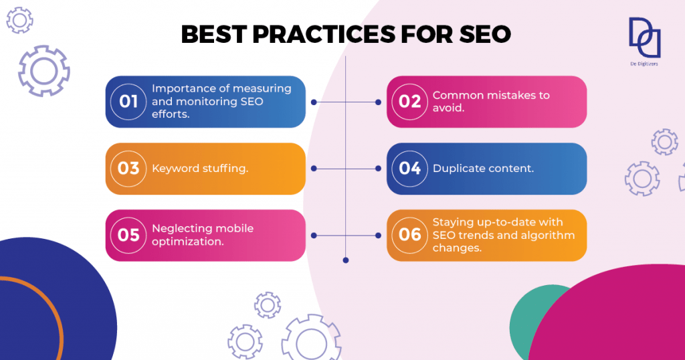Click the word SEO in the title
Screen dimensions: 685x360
[485, 34]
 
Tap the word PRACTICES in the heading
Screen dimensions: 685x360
[324, 34]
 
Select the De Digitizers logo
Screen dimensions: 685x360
[644, 41]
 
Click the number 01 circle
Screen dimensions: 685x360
[128, 102]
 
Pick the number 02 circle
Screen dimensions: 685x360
[409, 102]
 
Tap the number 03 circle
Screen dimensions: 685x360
[128, 169]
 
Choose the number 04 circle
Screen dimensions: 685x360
[409, 169]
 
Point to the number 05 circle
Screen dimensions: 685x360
[128, 236]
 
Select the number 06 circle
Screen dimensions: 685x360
[409, 236]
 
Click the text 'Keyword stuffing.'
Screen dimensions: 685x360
[200, 169]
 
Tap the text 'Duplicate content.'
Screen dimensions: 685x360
[483, 169]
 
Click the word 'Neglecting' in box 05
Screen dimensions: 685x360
[177, 229]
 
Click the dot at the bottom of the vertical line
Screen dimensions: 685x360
[346, 260]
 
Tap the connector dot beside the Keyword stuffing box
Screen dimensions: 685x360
[314, 169]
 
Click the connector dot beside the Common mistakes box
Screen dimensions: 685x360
[379, 102]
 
